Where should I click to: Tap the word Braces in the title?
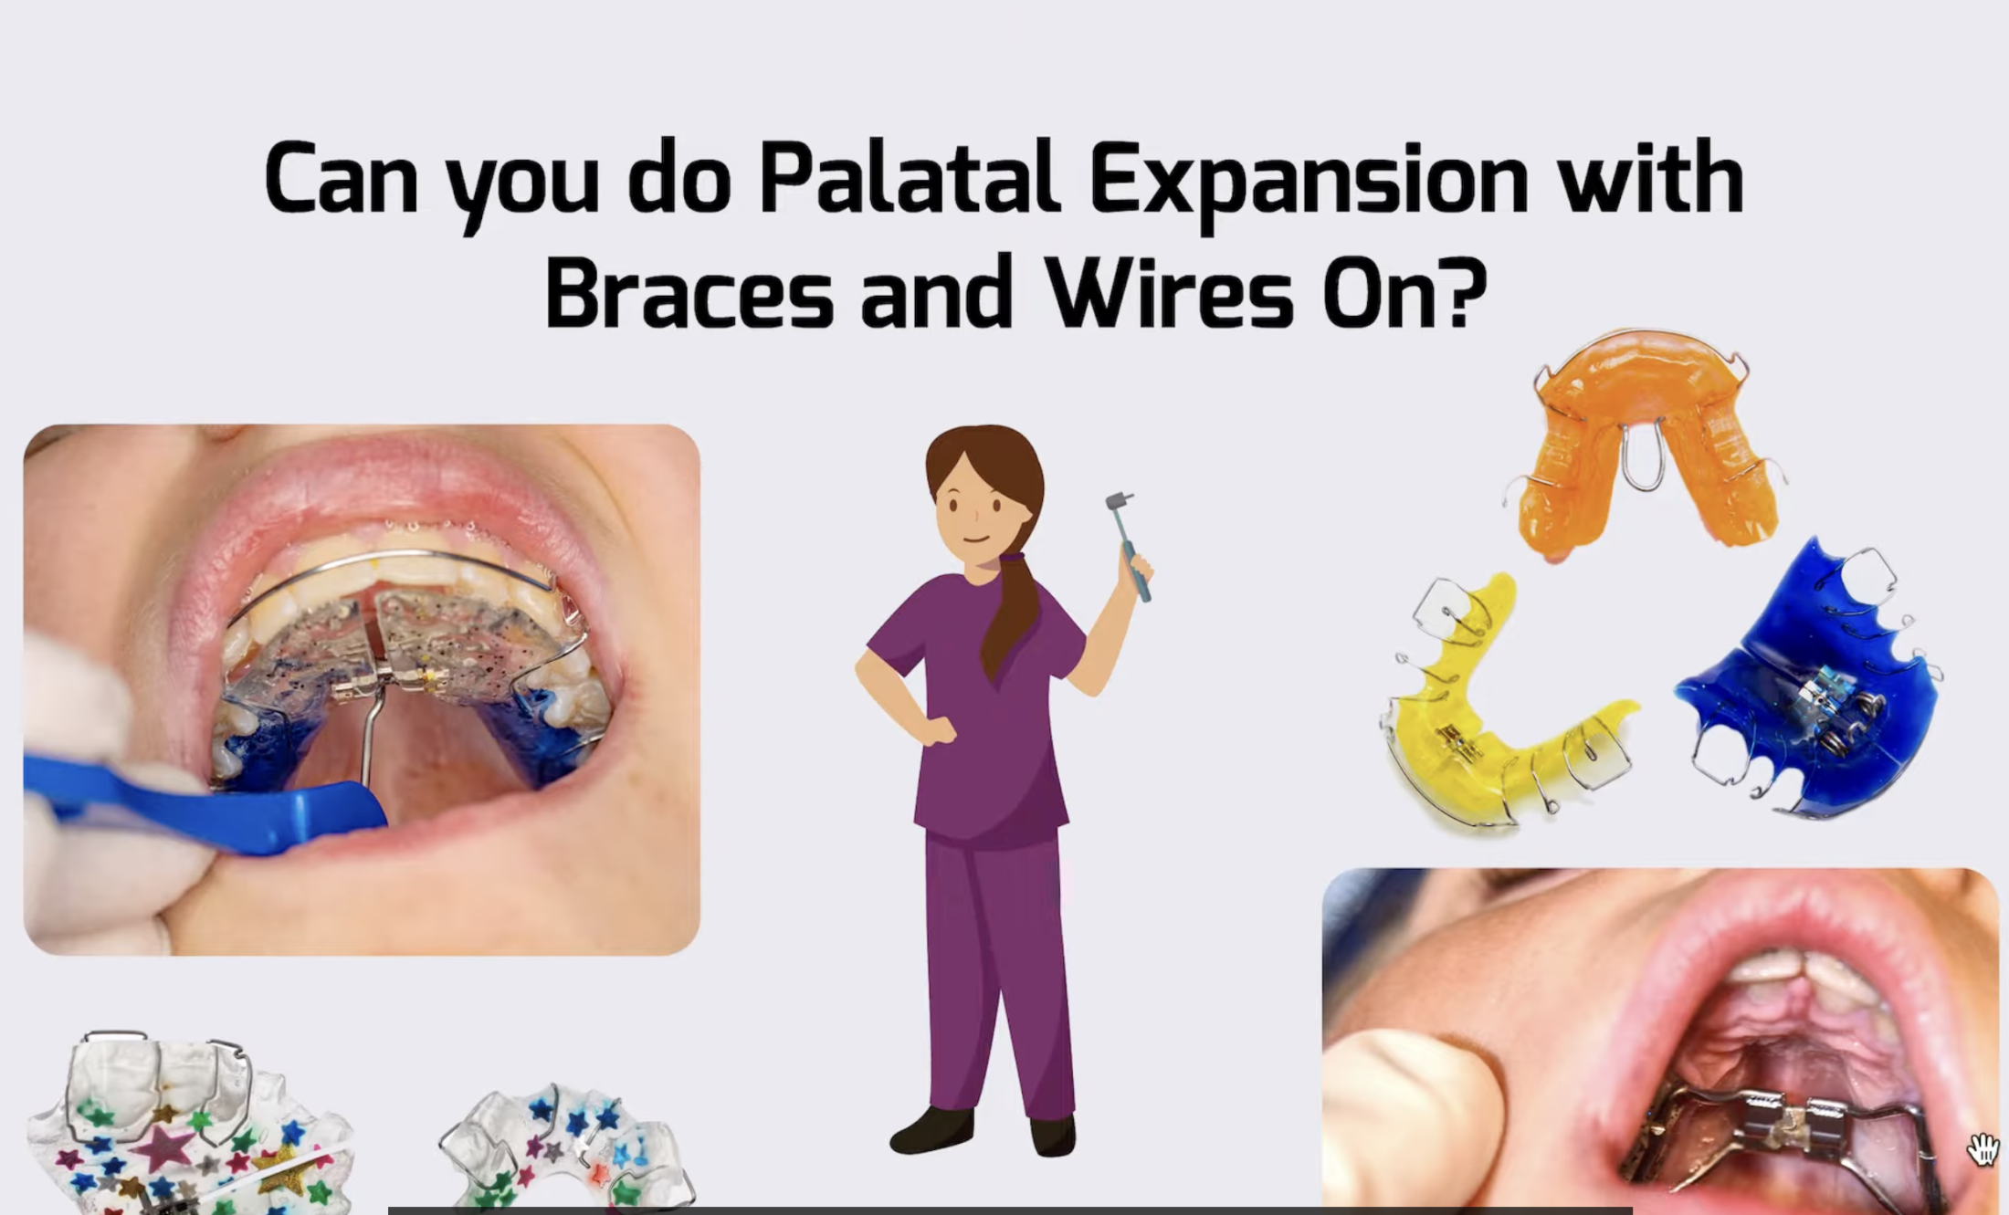coord(689,291)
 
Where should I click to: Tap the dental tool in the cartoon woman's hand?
coord(1130,546)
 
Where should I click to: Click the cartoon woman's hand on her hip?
coord(935,729)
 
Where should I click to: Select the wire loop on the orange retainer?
coord(1643,456)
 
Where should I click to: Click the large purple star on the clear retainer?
coord(163,1147)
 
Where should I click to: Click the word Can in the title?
coord(342,178)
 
